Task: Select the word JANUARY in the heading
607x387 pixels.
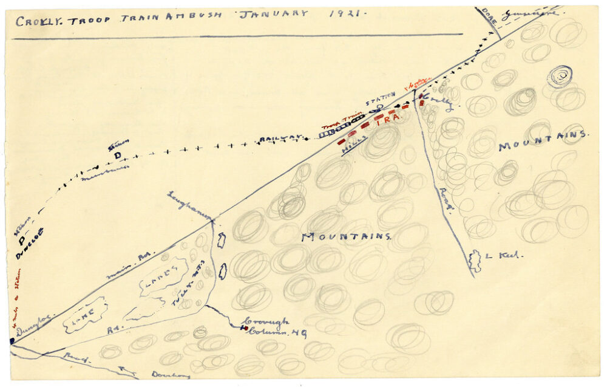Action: pos(277,14)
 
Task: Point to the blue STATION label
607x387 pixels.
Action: pos(381,99)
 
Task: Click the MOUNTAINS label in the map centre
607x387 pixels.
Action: pos(346,236)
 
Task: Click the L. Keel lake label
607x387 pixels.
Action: pos(503,256)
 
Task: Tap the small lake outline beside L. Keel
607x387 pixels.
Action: pos(475,260)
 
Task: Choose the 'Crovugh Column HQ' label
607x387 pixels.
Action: pos(273,327)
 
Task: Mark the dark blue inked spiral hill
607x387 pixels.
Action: pos(560,76)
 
